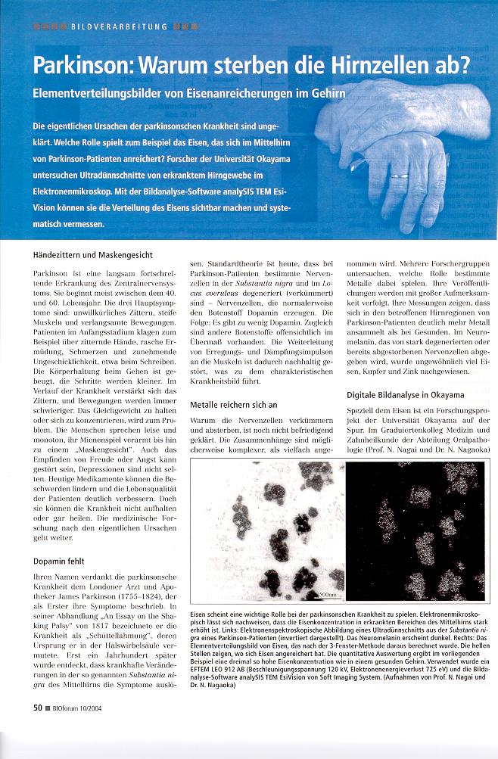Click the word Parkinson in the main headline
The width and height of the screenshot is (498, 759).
[85, 67]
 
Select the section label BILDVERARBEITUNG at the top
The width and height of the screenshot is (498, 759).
[119, 26]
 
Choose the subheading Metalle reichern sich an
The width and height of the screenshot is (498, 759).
[235, 405]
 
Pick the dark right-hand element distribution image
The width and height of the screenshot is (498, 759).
[417, 529]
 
